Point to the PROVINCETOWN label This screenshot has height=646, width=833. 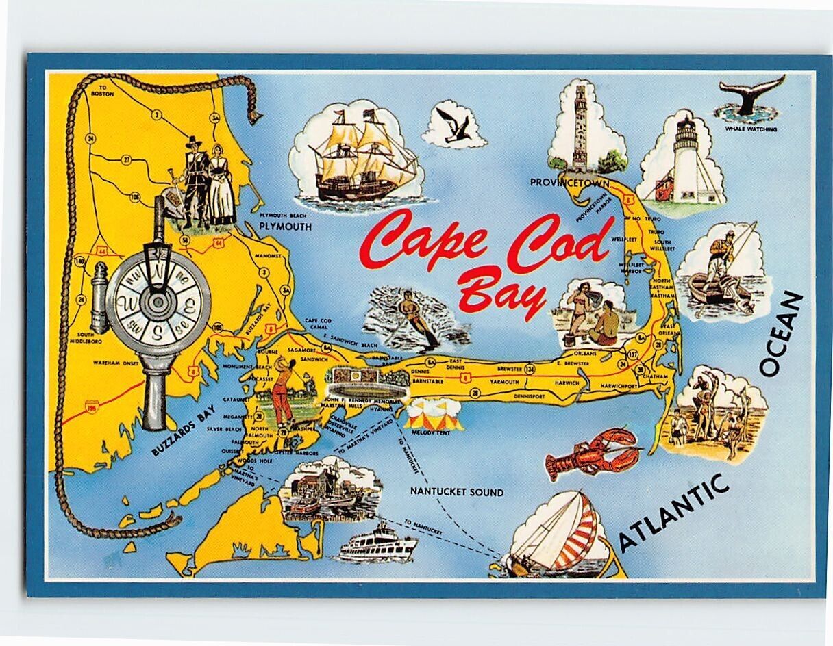tap(570, 182)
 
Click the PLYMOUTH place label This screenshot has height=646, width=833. tap(285, 227)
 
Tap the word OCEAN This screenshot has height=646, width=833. tap(780, 333)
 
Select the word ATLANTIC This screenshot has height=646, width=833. tap(672, 513)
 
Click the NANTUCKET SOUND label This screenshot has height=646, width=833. tap(457, 492)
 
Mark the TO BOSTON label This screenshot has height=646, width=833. tap(104, 92)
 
